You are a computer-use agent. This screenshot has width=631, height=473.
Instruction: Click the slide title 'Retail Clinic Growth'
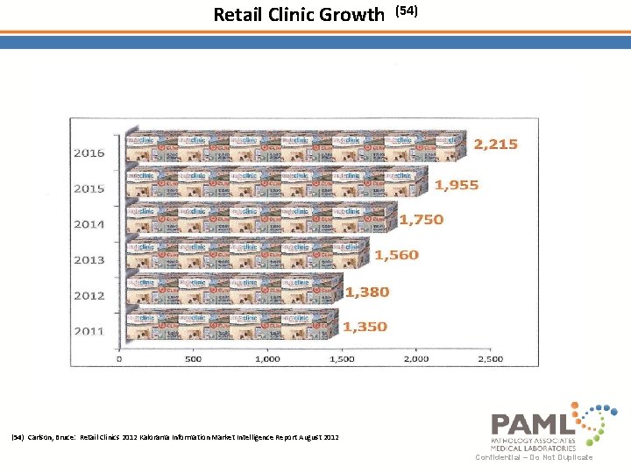pos(299,15)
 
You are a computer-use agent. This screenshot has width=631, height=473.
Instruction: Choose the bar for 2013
pos(245,256)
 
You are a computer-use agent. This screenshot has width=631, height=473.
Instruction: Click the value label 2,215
pos(496,145)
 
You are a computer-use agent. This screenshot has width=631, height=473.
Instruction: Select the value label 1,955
pos(457,185)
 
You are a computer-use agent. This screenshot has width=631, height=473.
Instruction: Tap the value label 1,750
pos(422,220)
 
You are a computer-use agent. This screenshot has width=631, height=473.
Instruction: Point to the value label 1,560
pos(397,255)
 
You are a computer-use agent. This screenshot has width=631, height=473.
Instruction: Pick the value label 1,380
pos(367,292)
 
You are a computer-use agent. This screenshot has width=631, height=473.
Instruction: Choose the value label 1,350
pos(365,327)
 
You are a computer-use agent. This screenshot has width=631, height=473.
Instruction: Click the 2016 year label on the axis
pos(89,152)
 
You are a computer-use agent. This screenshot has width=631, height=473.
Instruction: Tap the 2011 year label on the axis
pos(89,331)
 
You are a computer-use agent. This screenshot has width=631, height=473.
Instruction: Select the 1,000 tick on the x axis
pos(266,359)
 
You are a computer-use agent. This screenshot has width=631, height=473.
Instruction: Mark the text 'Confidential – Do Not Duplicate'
pos(534,457)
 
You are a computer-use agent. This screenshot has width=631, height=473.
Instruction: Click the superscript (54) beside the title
pos(408,11)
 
